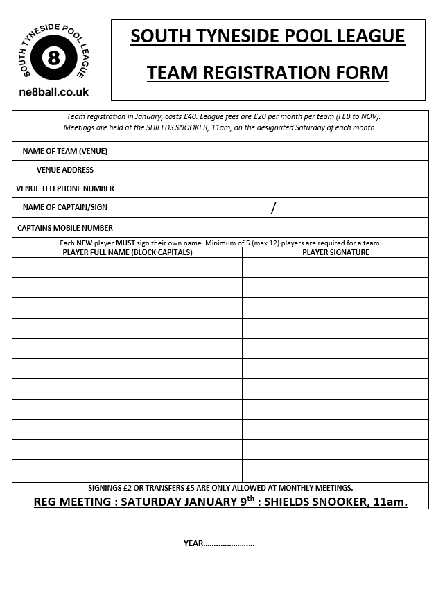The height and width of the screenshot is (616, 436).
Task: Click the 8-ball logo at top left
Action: pos(54,58)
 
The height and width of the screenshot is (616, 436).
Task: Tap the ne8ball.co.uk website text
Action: pos(54,92)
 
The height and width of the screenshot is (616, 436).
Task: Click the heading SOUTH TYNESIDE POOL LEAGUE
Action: pos(268,36)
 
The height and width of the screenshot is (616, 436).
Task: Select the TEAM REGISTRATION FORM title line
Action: pos(268,72)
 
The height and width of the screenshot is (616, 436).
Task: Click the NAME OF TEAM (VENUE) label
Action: pos(65,151)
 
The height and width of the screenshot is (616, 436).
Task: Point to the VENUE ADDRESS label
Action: pos(65,170)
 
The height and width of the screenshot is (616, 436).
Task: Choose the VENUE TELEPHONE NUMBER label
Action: pos(65,188)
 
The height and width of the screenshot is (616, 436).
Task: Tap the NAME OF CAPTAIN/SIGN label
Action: pos(65,207)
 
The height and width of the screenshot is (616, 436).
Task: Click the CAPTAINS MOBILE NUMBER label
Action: pos(65,227)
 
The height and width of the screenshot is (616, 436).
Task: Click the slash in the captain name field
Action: pos(274,207)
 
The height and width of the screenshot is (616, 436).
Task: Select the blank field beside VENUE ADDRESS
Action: pos(274,170)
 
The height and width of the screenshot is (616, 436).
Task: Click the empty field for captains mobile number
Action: pos(274,227)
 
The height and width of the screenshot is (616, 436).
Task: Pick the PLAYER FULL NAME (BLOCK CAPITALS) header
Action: pos(128,252)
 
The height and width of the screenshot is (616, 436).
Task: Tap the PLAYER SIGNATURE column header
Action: pos(335,252)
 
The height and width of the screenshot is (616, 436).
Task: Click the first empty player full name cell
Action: pos(128,267)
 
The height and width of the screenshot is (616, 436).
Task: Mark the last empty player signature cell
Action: pos(335,470)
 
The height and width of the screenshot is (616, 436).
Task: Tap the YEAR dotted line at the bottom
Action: pos(229,543)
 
